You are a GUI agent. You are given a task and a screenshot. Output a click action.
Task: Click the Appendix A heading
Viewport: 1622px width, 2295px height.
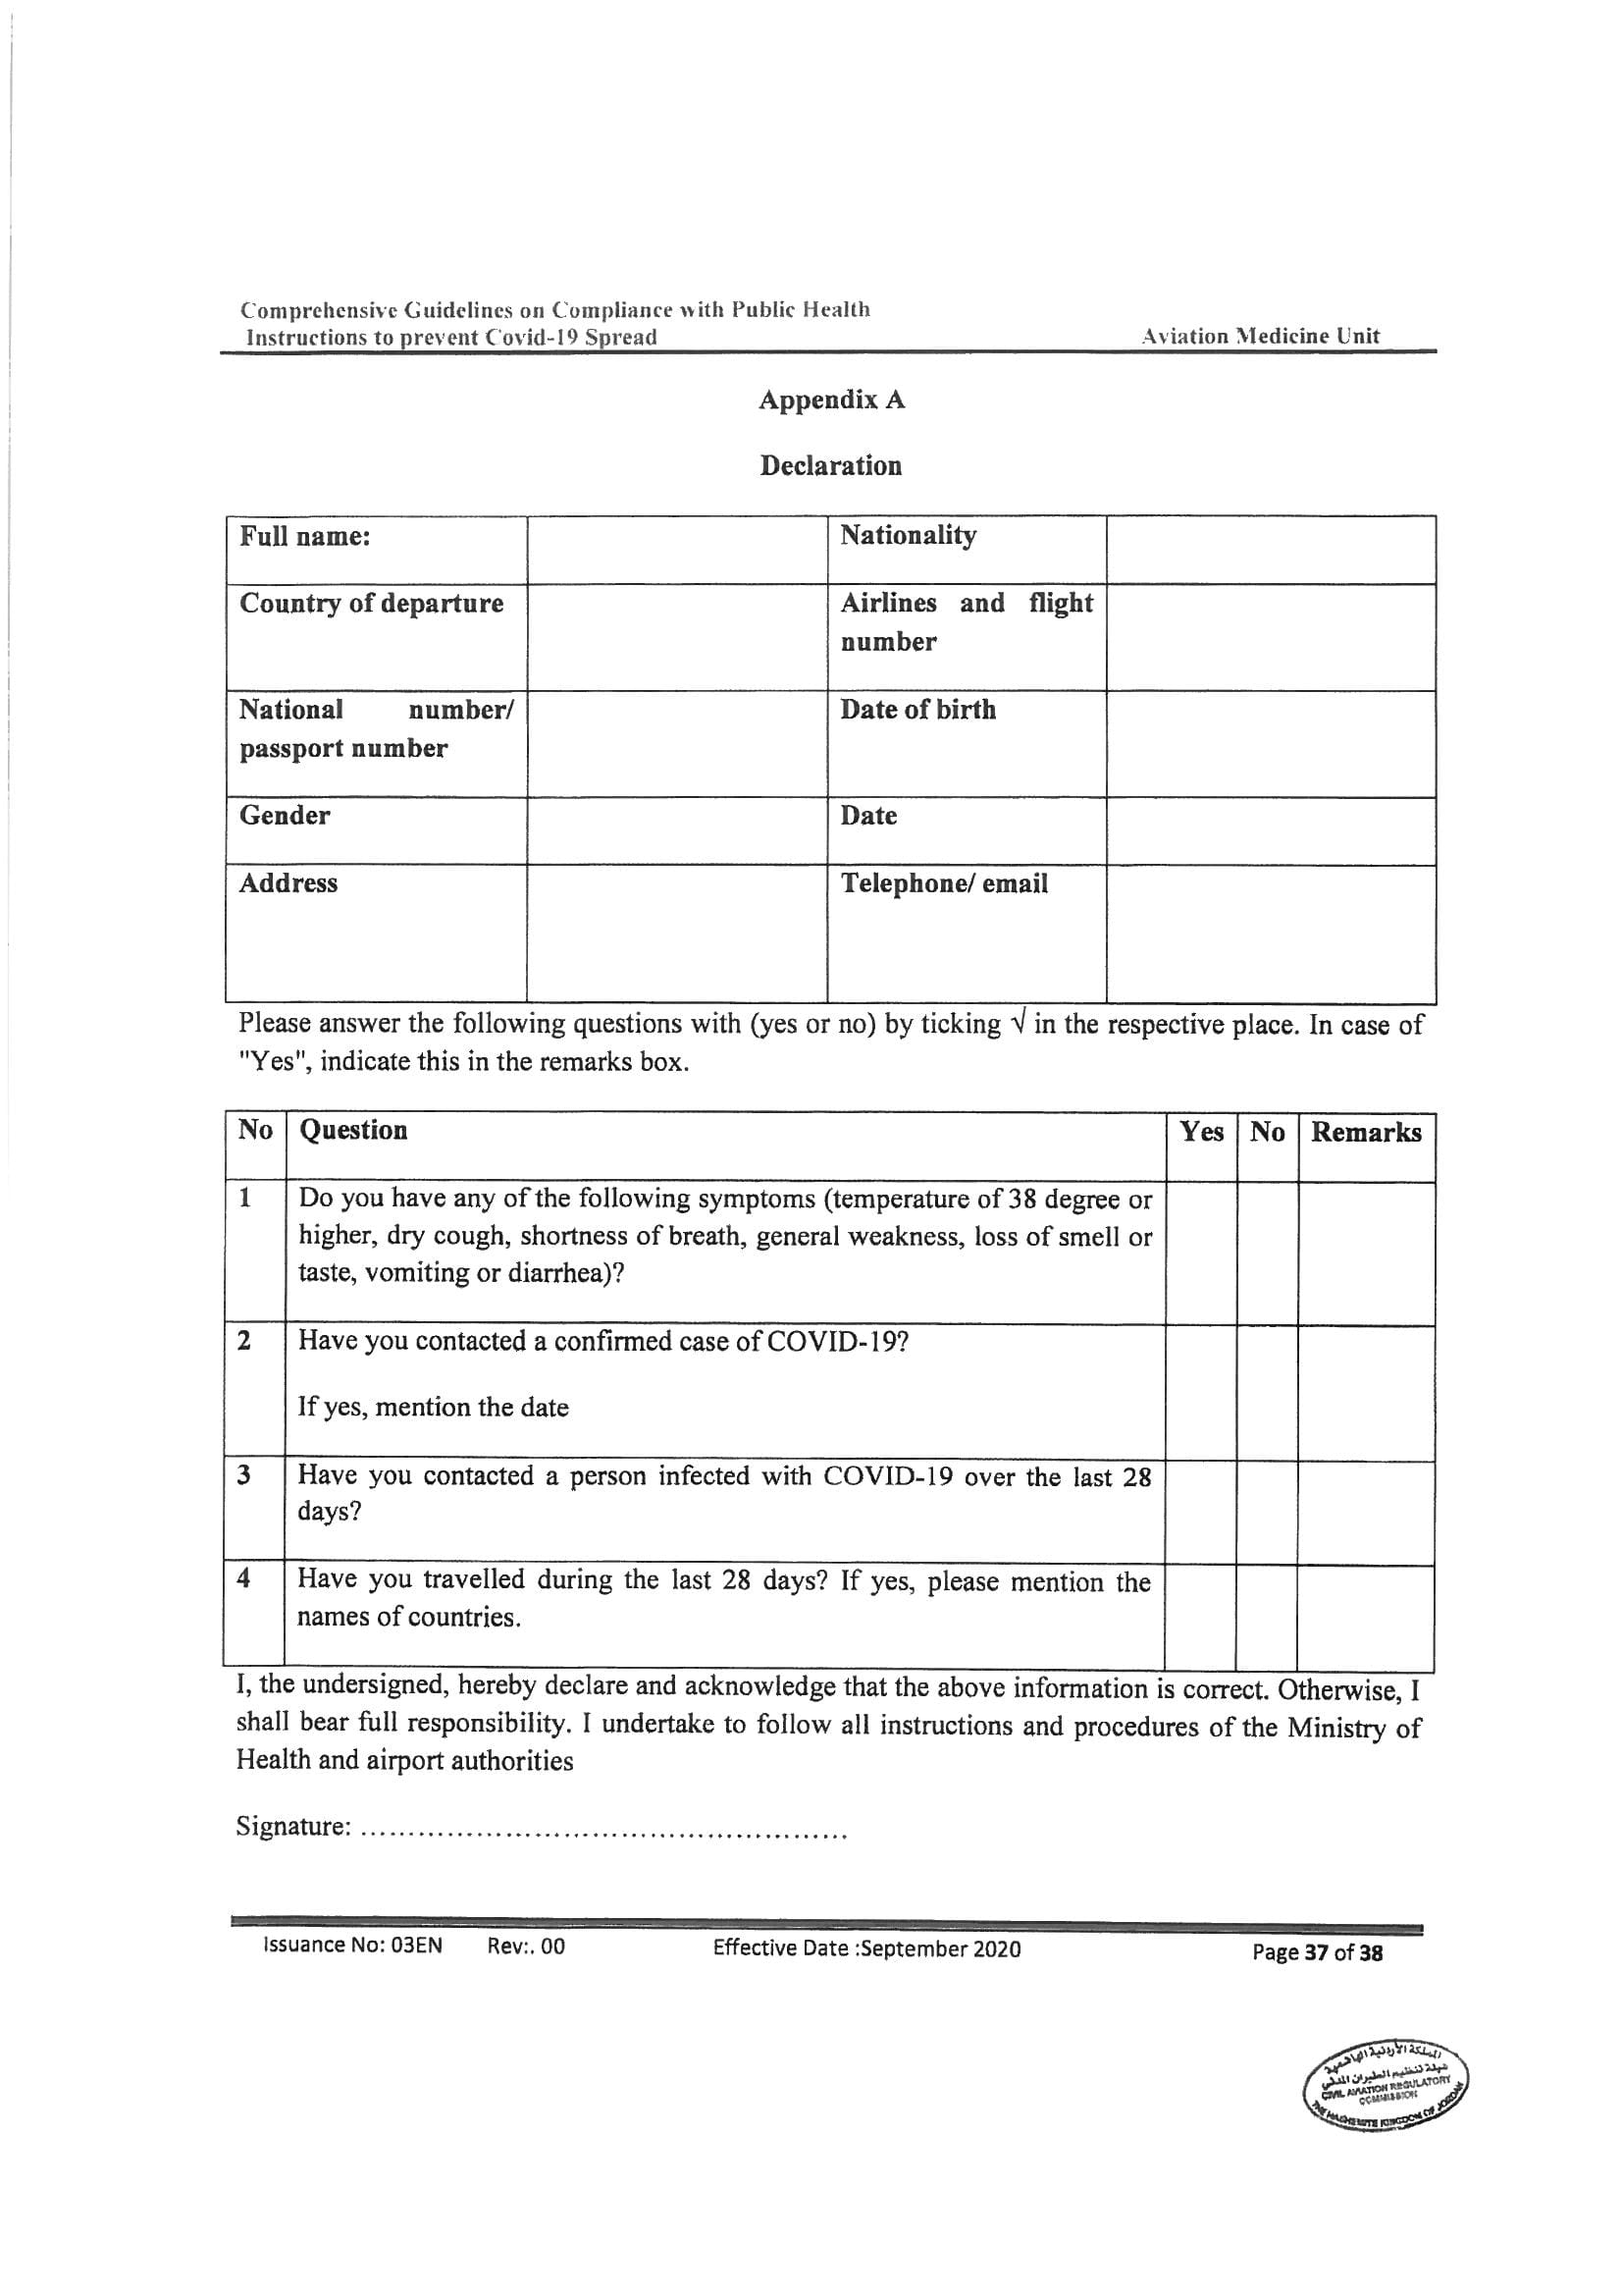click(831, 400)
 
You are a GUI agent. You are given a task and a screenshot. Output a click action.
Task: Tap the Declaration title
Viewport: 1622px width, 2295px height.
click(830, 466)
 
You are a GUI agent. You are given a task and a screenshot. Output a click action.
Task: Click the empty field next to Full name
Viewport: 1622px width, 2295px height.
click(677, 550)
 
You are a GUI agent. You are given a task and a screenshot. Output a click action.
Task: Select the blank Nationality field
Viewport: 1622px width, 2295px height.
click(1270, 550)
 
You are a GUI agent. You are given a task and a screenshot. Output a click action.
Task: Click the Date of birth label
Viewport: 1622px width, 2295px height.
click(917, 710)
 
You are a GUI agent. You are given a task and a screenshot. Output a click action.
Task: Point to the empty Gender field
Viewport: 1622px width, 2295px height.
click(677, 830)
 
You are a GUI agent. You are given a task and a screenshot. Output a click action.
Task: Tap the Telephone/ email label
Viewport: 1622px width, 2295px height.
click(943, 883)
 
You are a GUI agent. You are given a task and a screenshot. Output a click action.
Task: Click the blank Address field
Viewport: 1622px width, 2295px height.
click(677, 933)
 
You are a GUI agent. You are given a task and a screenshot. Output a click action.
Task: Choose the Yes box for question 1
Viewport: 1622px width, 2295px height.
click(1201, 1254)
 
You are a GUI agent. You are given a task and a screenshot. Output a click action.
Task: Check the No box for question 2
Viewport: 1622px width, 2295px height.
click(1267, 1392)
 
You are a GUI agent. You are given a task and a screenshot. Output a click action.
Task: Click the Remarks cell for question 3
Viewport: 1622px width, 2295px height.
click(1365, 1513)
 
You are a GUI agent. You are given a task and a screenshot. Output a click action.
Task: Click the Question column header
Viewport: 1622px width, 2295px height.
click(354, 1131)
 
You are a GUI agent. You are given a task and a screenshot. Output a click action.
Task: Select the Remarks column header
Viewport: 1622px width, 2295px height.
click(1366, 1133)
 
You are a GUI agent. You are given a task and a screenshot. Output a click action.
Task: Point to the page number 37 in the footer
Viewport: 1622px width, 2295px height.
click(1316, 1952)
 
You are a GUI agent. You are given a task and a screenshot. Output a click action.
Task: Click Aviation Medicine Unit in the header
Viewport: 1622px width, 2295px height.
click(1259, 337)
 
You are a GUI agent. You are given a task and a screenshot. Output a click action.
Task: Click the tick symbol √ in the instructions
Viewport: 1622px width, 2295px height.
click(1018, 1024)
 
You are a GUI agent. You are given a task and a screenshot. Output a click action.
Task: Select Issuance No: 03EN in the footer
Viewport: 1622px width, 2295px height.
click(352, 1946)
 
